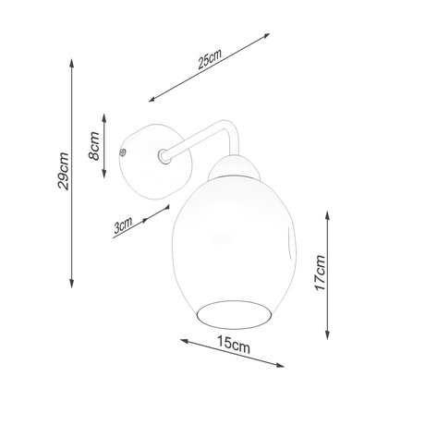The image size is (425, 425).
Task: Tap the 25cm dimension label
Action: click(x=210, y=58)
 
